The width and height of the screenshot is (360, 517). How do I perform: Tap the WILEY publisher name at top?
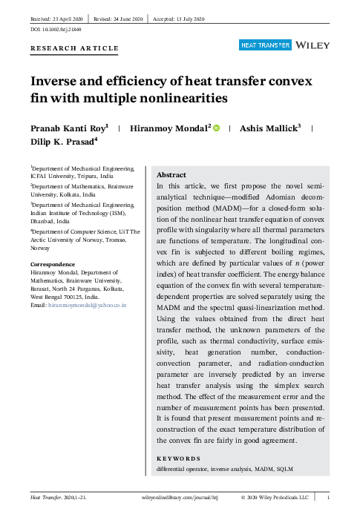312,45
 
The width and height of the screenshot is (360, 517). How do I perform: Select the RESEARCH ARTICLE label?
74,48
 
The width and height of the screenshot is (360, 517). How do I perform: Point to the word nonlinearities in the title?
183,98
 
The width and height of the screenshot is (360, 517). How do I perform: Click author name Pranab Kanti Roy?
67,128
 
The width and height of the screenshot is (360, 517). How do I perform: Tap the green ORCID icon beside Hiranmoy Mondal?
216,128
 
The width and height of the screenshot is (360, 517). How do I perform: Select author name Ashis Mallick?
267,128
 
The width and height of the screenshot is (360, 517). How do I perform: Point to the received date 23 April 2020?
66,16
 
